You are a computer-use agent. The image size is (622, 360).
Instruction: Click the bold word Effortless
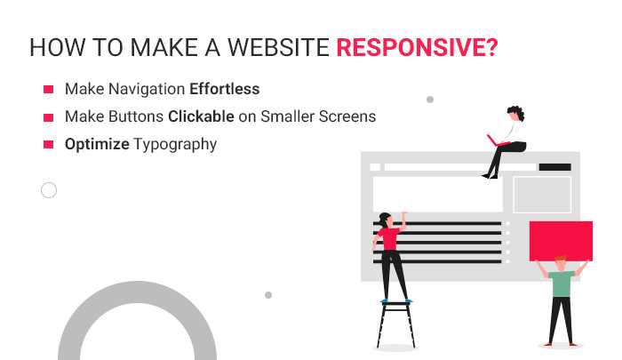[x=224, y=90]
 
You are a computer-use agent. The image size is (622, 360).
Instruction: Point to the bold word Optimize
[x=97, y=144]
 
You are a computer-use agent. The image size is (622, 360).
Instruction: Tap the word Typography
[x=175, y=144]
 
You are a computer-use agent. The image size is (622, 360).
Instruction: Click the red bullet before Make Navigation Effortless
[x=48, y=90]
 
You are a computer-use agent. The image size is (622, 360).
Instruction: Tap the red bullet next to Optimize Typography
[x=48, y=144]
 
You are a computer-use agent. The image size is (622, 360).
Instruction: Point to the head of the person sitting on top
[x=514, y=113]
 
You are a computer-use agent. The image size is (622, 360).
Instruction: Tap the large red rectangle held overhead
[x=561, y=240]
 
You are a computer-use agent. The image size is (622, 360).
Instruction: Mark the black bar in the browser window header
[x=554, y=167]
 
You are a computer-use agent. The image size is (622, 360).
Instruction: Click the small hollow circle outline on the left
[x=49, y=189]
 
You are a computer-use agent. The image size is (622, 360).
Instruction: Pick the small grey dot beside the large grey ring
[x=268, y=294]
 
